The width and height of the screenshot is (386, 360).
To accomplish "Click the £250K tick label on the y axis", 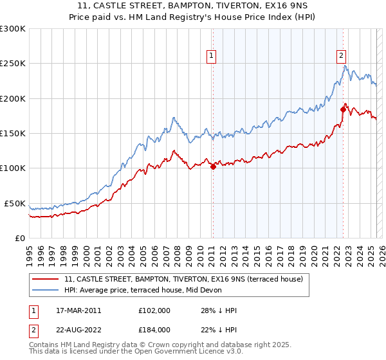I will point(12,64).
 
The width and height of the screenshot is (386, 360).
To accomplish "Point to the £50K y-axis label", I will point(14,203).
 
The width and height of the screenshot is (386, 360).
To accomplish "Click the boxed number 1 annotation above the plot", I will point(212,56).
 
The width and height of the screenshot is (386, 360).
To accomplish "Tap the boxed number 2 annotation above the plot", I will point(341,56).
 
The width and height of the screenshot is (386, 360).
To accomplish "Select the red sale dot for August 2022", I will point(343,110).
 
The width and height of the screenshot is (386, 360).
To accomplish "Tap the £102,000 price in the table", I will point(154,310).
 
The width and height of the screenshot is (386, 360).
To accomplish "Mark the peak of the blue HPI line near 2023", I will point(345,66).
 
